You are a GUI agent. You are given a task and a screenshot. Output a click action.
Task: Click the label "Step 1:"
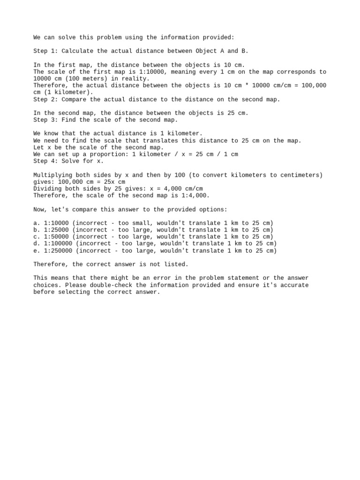pyautogui.click(x=46, y=51)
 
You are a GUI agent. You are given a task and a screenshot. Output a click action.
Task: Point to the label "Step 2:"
pyautogui.click(x=46, y=99)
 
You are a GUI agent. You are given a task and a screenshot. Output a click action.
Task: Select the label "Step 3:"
pyautogui.click(x=46, y=120)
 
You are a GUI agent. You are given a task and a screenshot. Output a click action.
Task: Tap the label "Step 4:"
pyautogui.click(x=46, y=161)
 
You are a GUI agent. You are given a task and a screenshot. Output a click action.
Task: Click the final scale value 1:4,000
pyautogui.click(x=194, y=195)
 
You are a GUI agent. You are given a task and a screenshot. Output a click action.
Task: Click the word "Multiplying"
pyautogui.click(x=53, y=175)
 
